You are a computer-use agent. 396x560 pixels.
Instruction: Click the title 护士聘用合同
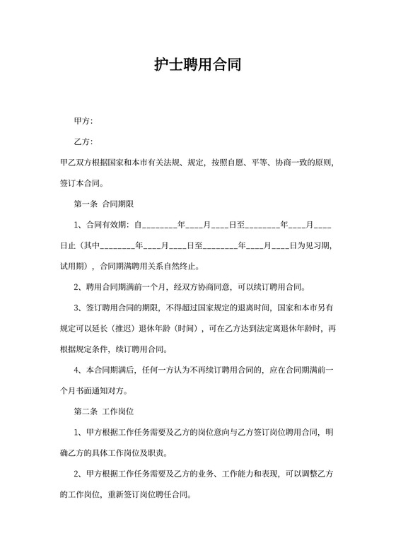198,66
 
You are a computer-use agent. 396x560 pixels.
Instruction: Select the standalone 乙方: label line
83,142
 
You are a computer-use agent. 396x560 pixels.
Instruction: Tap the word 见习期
312,246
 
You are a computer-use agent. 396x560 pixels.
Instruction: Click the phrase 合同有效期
106,225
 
